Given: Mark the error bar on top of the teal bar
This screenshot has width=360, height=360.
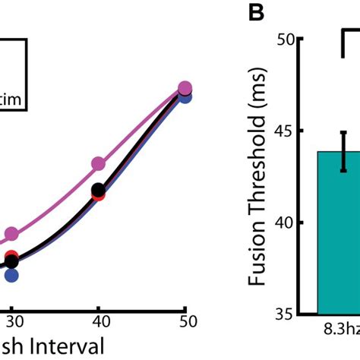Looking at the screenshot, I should click(343, 151).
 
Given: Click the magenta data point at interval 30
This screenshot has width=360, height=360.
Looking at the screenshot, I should click(11, 235).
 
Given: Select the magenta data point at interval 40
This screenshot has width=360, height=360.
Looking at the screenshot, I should click(99, 163).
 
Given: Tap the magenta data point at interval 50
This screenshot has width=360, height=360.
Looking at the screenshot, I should click(185, 89).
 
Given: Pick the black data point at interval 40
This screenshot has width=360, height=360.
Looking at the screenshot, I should click(99, 190).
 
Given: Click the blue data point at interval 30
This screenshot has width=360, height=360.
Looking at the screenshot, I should click(11, 275).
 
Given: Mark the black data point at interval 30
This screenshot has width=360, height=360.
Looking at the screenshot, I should click(11, 262).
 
